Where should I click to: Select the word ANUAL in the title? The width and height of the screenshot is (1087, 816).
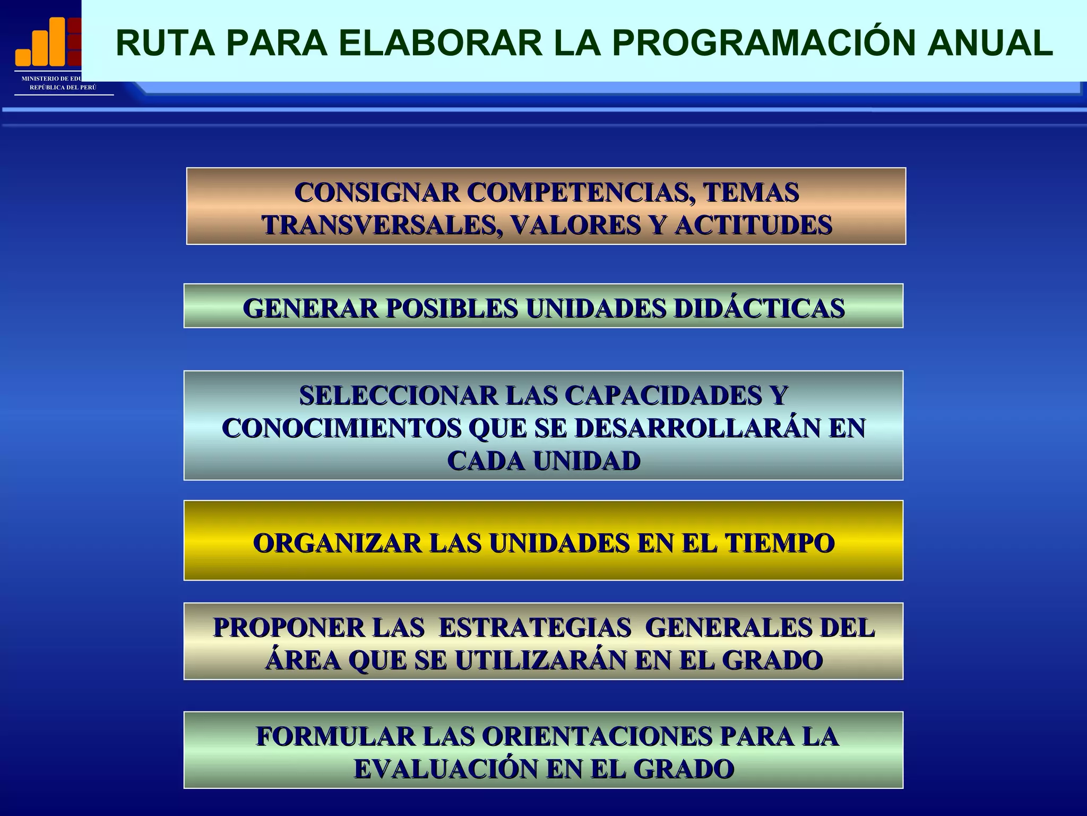tap(989, 43)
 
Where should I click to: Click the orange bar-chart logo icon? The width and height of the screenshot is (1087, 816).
tap(48, 41)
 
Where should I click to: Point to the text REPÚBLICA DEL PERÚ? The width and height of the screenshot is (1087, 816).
tap(63, 87)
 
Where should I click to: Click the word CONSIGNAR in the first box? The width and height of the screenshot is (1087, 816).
tap(377, 192)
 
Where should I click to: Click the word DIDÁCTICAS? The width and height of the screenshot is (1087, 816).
tap(759, 308)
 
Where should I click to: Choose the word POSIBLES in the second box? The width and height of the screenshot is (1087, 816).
tap(451, 308)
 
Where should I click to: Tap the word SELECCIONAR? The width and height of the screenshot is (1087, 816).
tap(398, 395)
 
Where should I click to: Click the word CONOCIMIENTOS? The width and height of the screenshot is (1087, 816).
tap(341, 428)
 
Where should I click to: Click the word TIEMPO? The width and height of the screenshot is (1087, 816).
tap(780, 543)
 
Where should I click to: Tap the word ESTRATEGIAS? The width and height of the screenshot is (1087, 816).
tap(534, 627)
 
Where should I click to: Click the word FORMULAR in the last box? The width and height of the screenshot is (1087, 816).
tap(335, 736)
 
